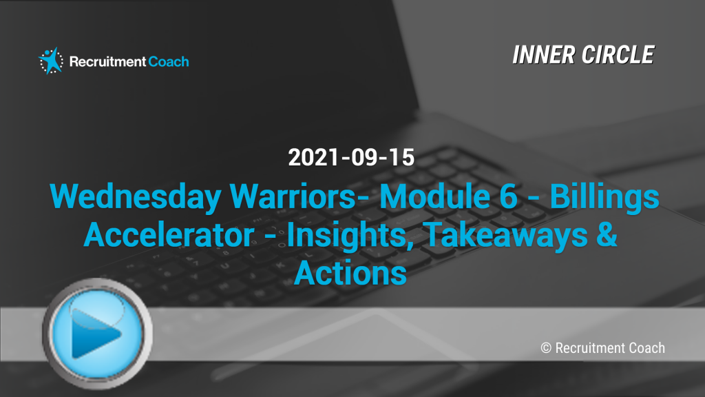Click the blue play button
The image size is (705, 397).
click(x=97, y=334)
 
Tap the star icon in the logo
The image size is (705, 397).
click(x=51, y=61)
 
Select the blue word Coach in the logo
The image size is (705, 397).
click(x=169, y=61)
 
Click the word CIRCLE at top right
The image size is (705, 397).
click(x=618, y=55)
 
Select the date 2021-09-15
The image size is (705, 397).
click(x=351, y=158)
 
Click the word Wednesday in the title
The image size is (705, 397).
click(x=136, y=197)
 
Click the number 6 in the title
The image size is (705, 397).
click(x=508, y=196)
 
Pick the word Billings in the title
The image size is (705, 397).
click(x=604, y=197)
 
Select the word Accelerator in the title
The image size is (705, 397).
click(x=169, y=234)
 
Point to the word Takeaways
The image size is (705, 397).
click(x=505, y=236)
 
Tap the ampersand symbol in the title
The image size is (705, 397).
click(x=607, y=234)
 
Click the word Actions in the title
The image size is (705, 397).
click(x=350, y=273)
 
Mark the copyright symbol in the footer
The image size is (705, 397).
click(x=546, y=348)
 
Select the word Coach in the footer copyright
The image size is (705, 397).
click(x=646, y=348)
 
